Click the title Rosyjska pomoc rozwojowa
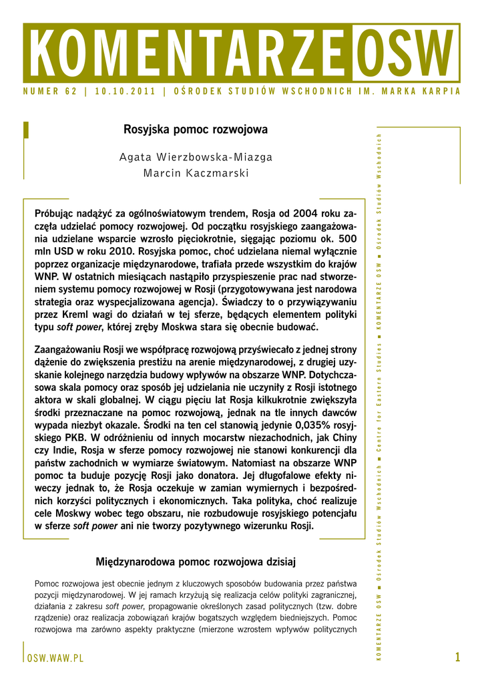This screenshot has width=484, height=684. [x=196, y=129]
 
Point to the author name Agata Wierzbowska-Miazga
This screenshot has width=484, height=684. [x=196, y=157]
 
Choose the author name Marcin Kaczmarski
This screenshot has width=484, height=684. [x=196, y=174]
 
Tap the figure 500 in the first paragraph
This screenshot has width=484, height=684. [x=344, y=238]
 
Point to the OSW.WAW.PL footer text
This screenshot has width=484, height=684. [x=55, y=658]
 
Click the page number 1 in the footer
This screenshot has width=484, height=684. [x=457, y=657]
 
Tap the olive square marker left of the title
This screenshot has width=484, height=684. [x=25, y=129]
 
